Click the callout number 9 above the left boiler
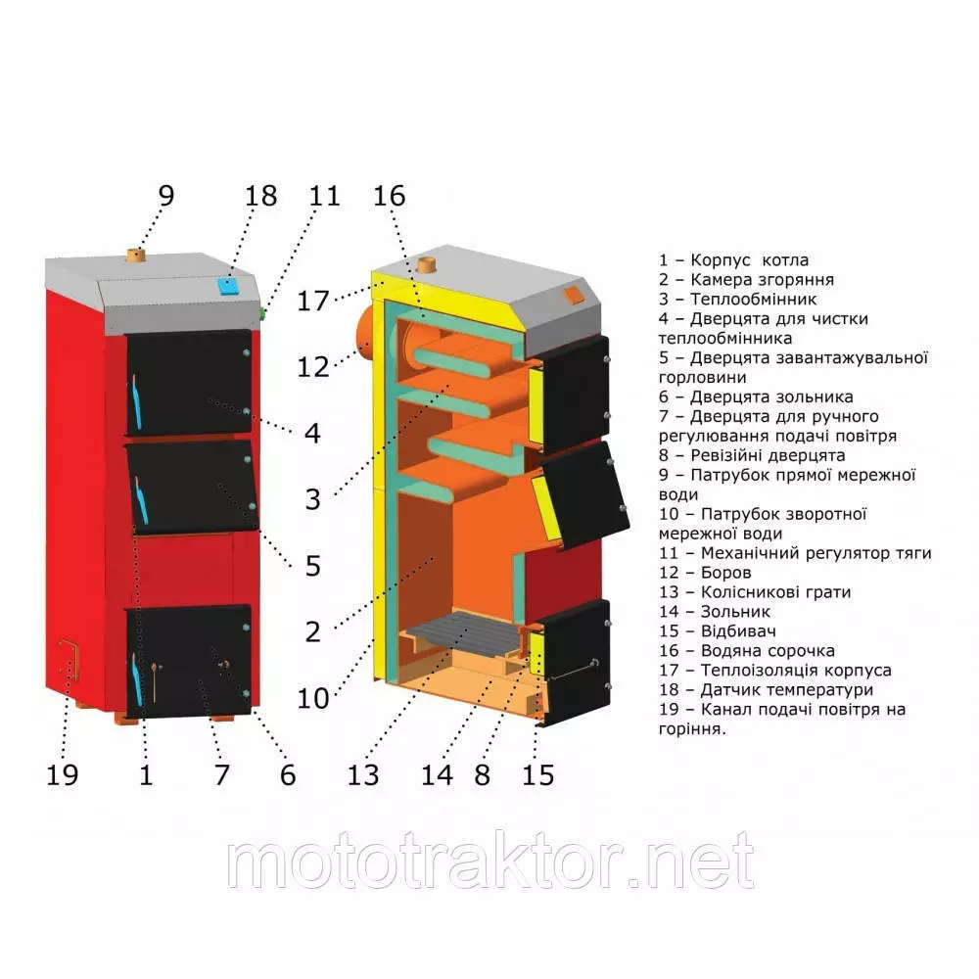coord(166,196)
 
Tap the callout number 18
coord(261,196)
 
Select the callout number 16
coord(390,196)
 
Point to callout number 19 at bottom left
coord(63,774)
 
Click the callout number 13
coord(363,774)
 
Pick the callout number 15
coord(538,774)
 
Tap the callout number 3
coord(313,499)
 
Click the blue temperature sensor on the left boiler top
coord(228,287)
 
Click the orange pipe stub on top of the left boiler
coord(137,256)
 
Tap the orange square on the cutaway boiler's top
coord(573,296)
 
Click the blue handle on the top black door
coord(136,402)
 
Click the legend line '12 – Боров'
coord(705,573)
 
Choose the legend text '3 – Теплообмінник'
coord(737,299)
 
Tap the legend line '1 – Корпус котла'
coord(733,260)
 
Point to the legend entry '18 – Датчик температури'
coord(766,689)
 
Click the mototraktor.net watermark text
coord(490,861)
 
